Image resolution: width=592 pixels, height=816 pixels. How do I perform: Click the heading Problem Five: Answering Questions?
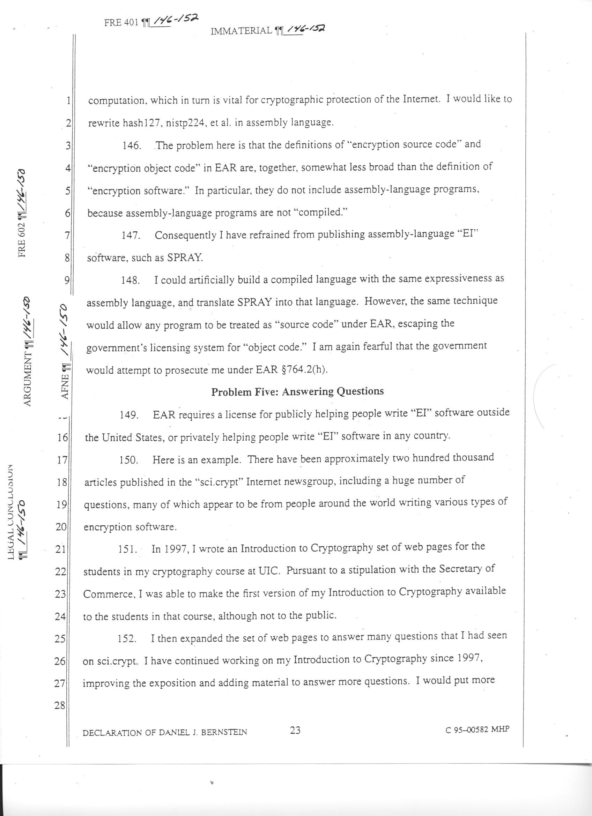[x=297, y=391]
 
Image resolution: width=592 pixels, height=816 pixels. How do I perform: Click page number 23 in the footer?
[x=295, y=720]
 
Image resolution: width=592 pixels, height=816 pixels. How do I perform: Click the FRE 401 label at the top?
[x=121, y=23]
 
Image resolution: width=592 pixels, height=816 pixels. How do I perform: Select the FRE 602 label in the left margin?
[x=23, y=241]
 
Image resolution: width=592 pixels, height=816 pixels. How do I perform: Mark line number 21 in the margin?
[x=60, y=550]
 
